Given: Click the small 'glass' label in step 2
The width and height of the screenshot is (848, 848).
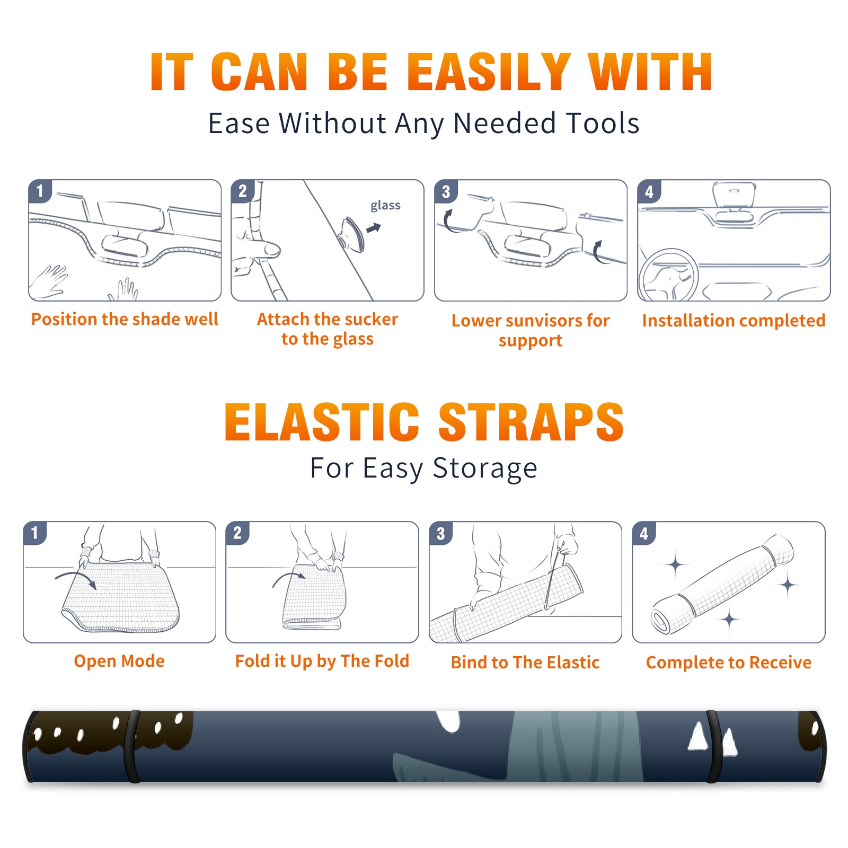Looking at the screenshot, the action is point(385,206).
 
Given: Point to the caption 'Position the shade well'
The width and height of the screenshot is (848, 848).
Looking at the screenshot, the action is point(125,319).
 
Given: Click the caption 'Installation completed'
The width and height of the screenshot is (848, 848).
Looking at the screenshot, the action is point(734,320).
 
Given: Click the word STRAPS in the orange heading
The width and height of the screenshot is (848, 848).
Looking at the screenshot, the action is point(531,422).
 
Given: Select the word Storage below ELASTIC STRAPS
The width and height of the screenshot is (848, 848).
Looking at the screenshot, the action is point(485,469).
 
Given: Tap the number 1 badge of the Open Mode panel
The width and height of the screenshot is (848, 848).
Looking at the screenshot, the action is point(35,533).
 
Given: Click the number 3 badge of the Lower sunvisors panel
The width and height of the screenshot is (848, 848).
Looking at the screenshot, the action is point(446,192).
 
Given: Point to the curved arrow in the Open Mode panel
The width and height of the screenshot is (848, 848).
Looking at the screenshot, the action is point(75,578).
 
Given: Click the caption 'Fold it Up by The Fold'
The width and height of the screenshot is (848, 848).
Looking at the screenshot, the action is point(322,661).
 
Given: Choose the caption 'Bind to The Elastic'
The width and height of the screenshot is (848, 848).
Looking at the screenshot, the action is point(525,662).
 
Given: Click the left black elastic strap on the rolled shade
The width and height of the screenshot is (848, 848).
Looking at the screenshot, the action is point(132,746).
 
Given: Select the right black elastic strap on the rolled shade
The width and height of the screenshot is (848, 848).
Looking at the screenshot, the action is point(714,746).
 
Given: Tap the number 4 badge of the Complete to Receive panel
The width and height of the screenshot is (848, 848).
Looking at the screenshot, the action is point(644,533).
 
